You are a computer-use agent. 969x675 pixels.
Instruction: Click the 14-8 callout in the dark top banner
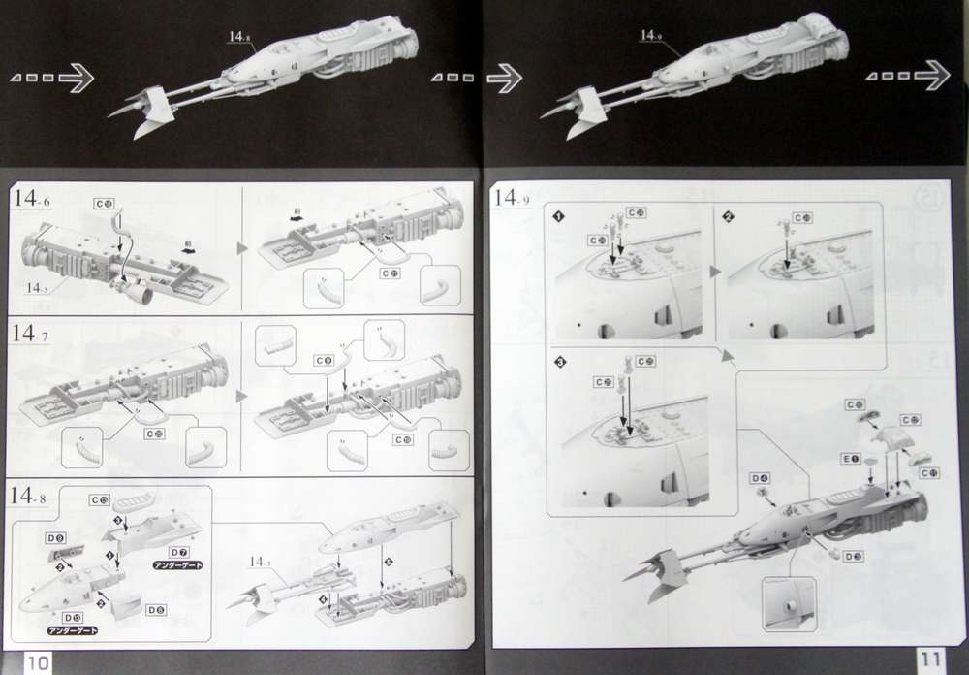[x=239, y=37]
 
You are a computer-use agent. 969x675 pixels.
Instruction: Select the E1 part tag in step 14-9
[x=851, y=457]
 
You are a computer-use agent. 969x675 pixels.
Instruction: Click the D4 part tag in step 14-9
[x=759, y=477]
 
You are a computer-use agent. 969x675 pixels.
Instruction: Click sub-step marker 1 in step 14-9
[x=558, y=214]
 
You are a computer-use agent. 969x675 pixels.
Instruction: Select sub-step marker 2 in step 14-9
[x=728, y=214]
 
